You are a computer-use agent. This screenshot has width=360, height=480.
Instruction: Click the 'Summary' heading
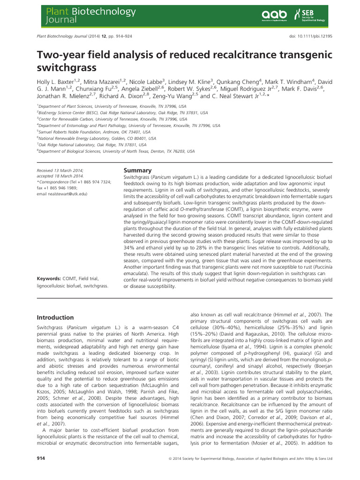[137, 171]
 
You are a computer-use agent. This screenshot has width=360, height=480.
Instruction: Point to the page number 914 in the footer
[42, 458]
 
